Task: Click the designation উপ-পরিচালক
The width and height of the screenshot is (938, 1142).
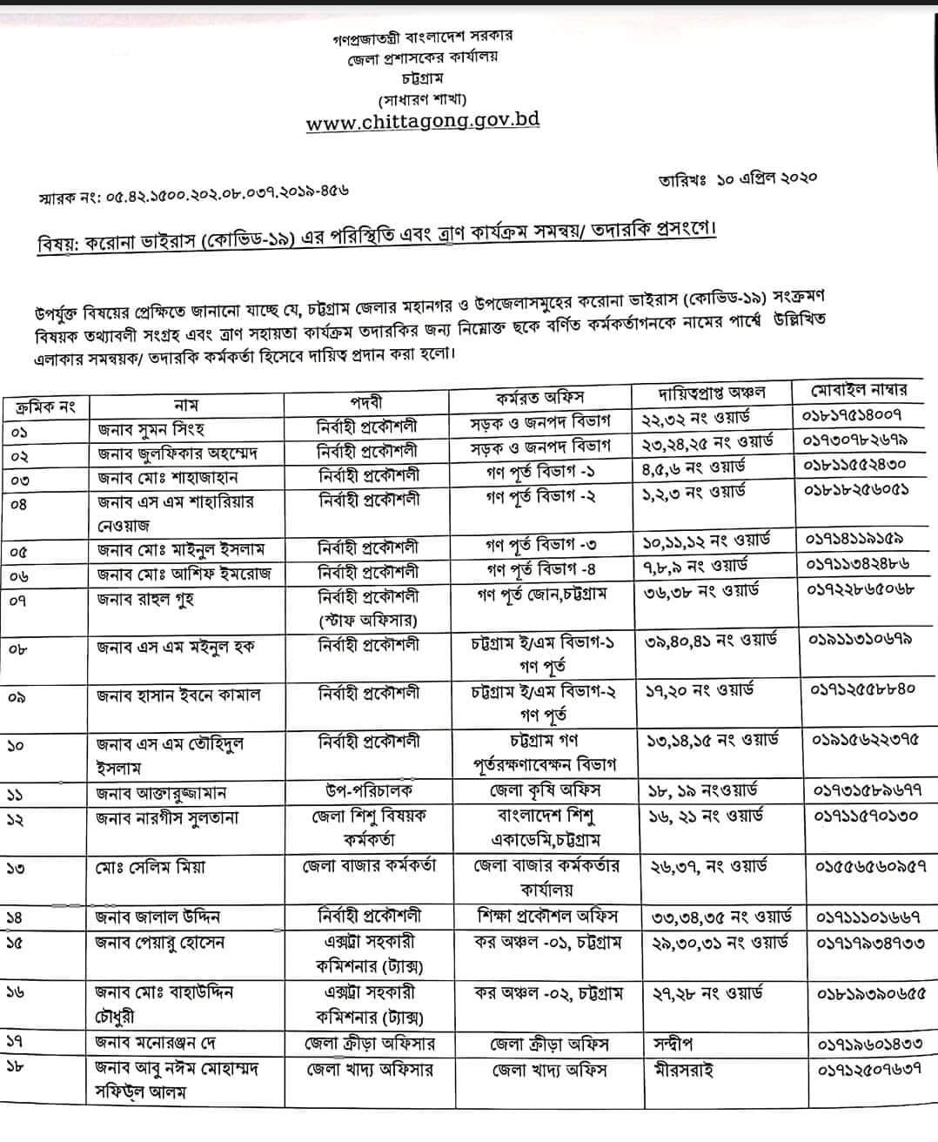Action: pyautogui.click(x=366, y=791)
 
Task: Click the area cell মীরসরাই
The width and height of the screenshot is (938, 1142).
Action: pyautogui.click(x=682, y=1070)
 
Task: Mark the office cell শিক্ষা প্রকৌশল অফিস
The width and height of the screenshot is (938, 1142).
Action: pyautogui.click(x=547, y=916)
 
